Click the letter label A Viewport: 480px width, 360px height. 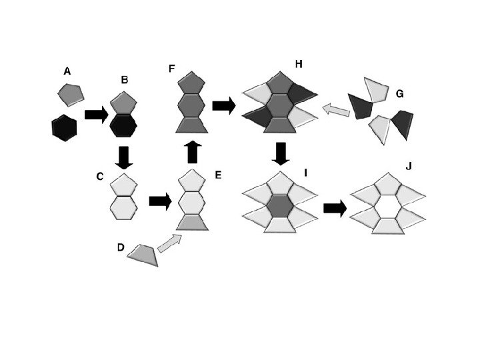click(x=67, y=70)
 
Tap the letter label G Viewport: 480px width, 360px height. click(x=399, y=94)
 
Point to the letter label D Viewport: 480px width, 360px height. click(x=120, y=247)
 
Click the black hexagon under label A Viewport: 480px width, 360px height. click(x=64, y=127)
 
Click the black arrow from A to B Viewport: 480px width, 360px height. click(x=97, y=115)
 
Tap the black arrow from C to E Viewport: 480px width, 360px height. click(x=160, y=201)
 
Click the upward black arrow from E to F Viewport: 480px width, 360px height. click(x=193, y=152)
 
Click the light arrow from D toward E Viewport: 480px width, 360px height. click(x=169, y=243)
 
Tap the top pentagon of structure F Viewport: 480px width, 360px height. click(x=193, y=82)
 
